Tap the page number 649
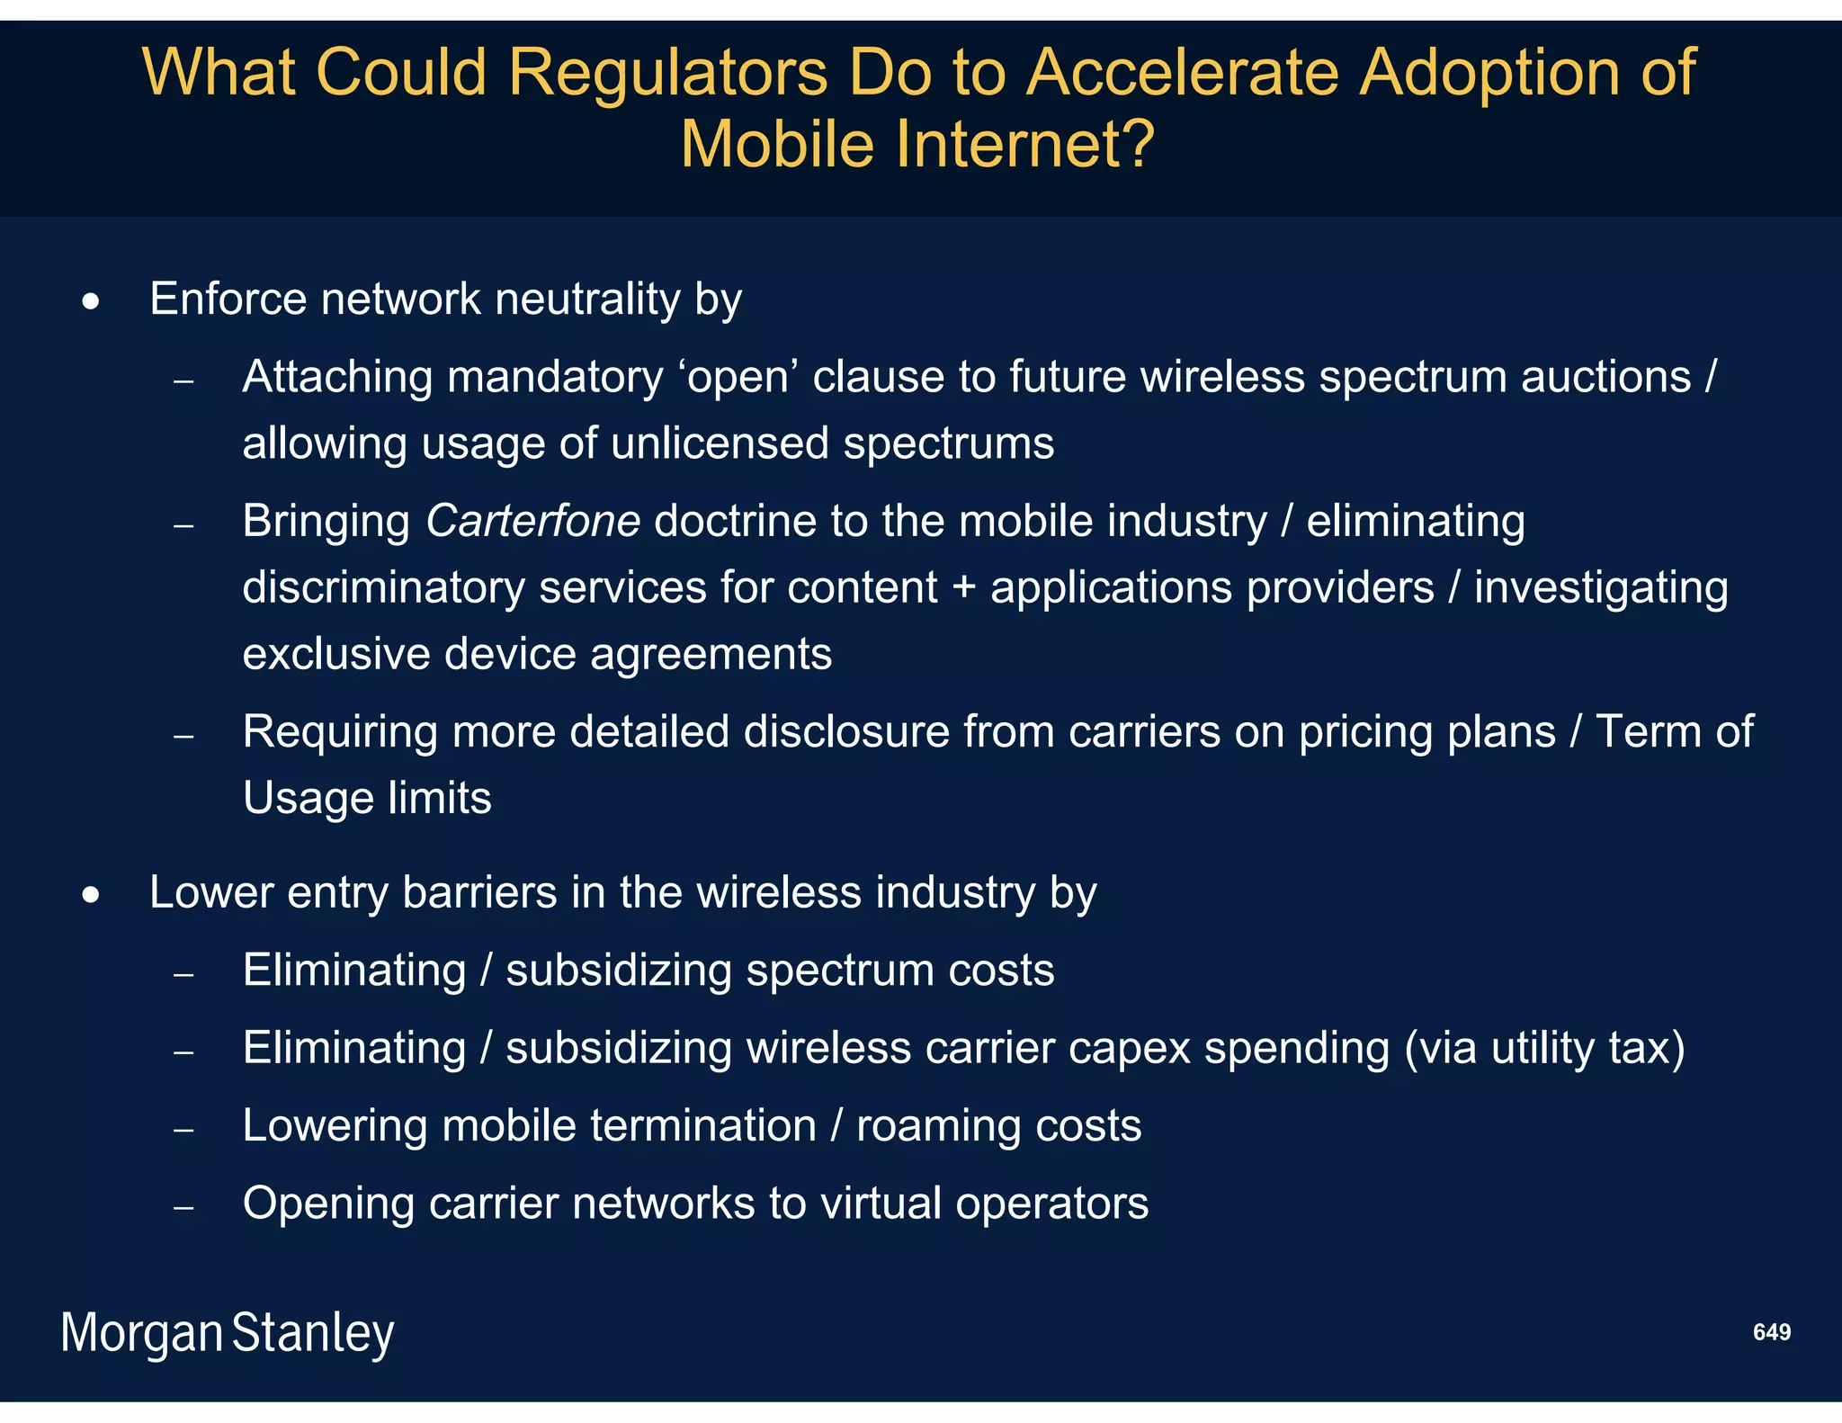[1771, 1332]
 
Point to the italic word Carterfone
[532, 521]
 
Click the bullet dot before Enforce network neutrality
[91, 302]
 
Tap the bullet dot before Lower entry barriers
[91, 896]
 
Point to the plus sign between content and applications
[963, 588]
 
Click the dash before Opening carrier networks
[183, 1207]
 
